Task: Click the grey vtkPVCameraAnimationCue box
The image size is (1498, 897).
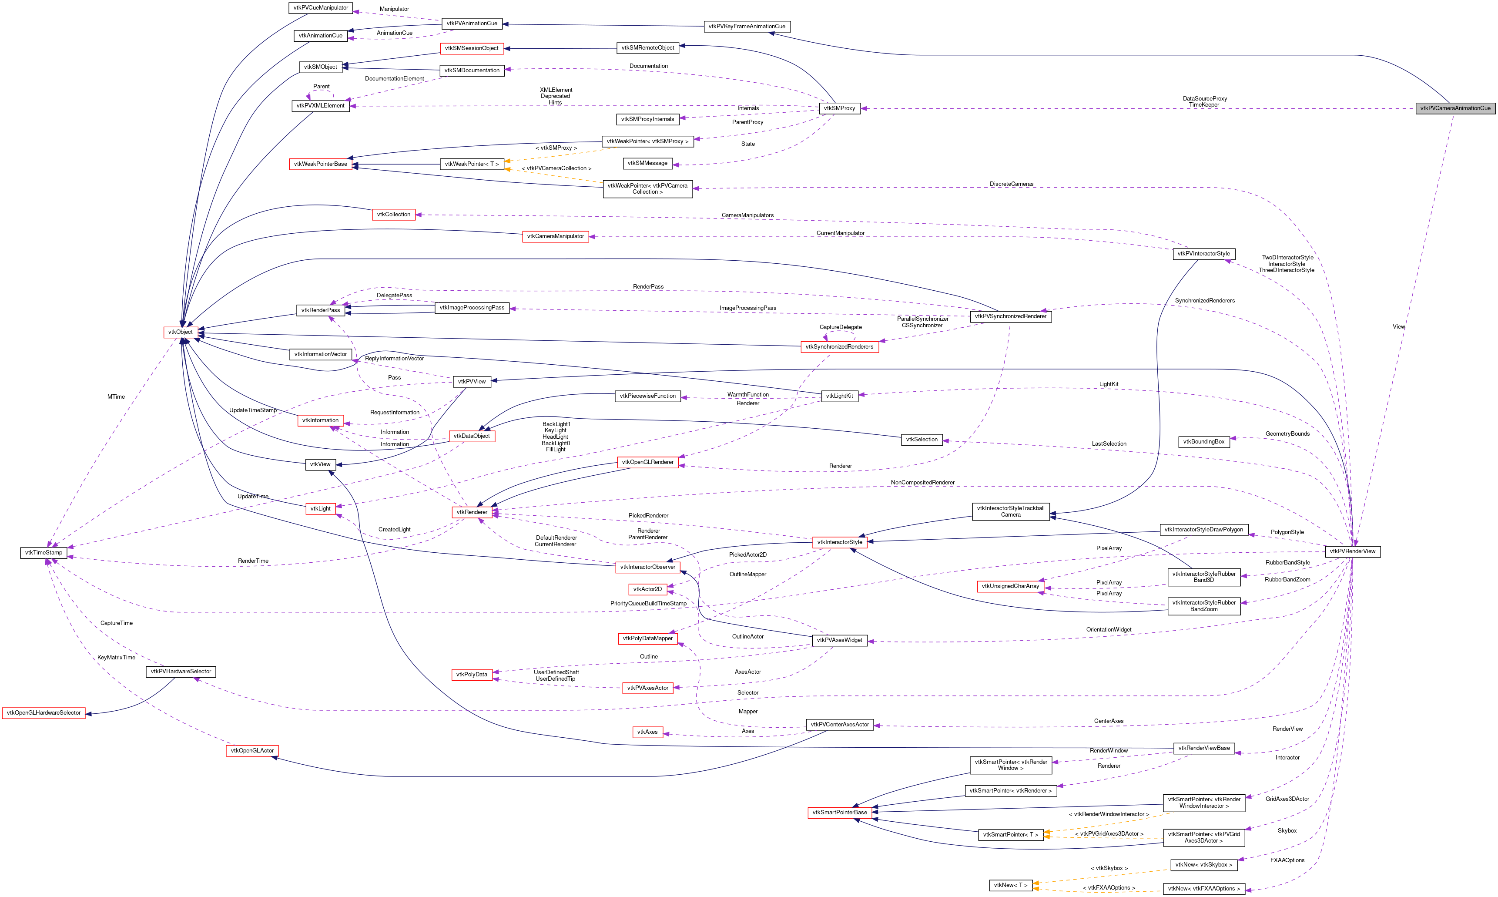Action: (1454, 108)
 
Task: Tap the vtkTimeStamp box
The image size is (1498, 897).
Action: (43, 552)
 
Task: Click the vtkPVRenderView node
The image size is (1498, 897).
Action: (1352, 551)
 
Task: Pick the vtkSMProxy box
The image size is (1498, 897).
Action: (839, 108)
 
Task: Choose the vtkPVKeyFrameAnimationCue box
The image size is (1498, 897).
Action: (746, 27)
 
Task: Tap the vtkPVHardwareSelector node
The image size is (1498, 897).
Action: (181, 672)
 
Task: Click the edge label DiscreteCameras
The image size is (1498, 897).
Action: (1011, 184)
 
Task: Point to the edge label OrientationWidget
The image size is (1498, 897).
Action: (1108, 629)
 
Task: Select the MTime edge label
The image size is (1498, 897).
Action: (116, 396)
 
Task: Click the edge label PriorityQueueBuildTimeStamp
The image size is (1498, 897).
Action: (648, 603)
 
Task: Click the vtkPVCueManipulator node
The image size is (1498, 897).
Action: (320, 8)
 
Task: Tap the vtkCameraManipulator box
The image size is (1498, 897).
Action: (555, 236)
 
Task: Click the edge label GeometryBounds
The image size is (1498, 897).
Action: (1287, 433)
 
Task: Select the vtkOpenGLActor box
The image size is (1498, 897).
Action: (252, 751)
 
